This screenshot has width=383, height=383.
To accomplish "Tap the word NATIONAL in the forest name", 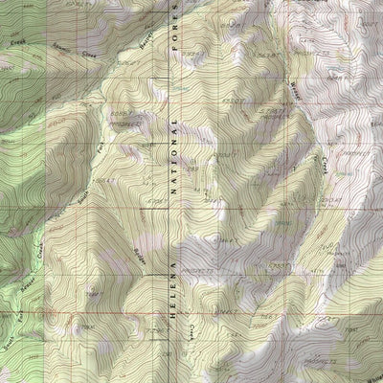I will coord(174,154).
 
